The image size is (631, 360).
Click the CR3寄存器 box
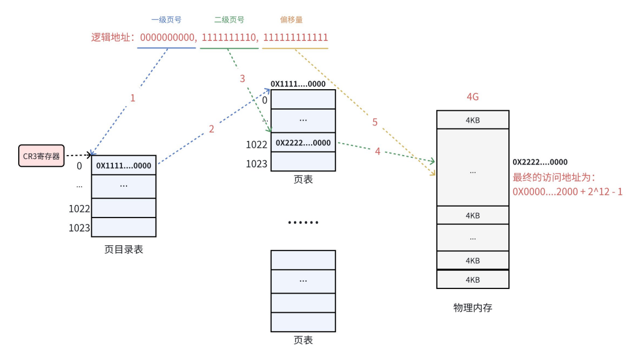click(41, 156)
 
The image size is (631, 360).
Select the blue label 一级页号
click(166, 20)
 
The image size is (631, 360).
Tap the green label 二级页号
click(229, 20)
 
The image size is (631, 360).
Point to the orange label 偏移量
click(291, 20)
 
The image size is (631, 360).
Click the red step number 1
click(133, 98)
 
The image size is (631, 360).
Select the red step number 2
click(212, 129)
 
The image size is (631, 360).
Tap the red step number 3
click(242, 78)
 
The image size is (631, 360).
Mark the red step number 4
click(377, 152)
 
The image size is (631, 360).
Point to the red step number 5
click(375, 122)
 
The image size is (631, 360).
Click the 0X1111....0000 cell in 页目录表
click(124, 165)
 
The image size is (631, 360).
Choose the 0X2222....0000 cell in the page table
click(303, 143)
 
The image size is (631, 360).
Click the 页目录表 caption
click(124, 249)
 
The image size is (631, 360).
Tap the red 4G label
click(473, 97)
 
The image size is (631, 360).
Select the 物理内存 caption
click(473, 308)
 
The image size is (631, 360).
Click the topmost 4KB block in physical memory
click(473, 120)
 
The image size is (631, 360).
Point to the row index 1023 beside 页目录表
click(79, 228)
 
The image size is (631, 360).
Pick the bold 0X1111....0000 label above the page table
click(298, 84)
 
